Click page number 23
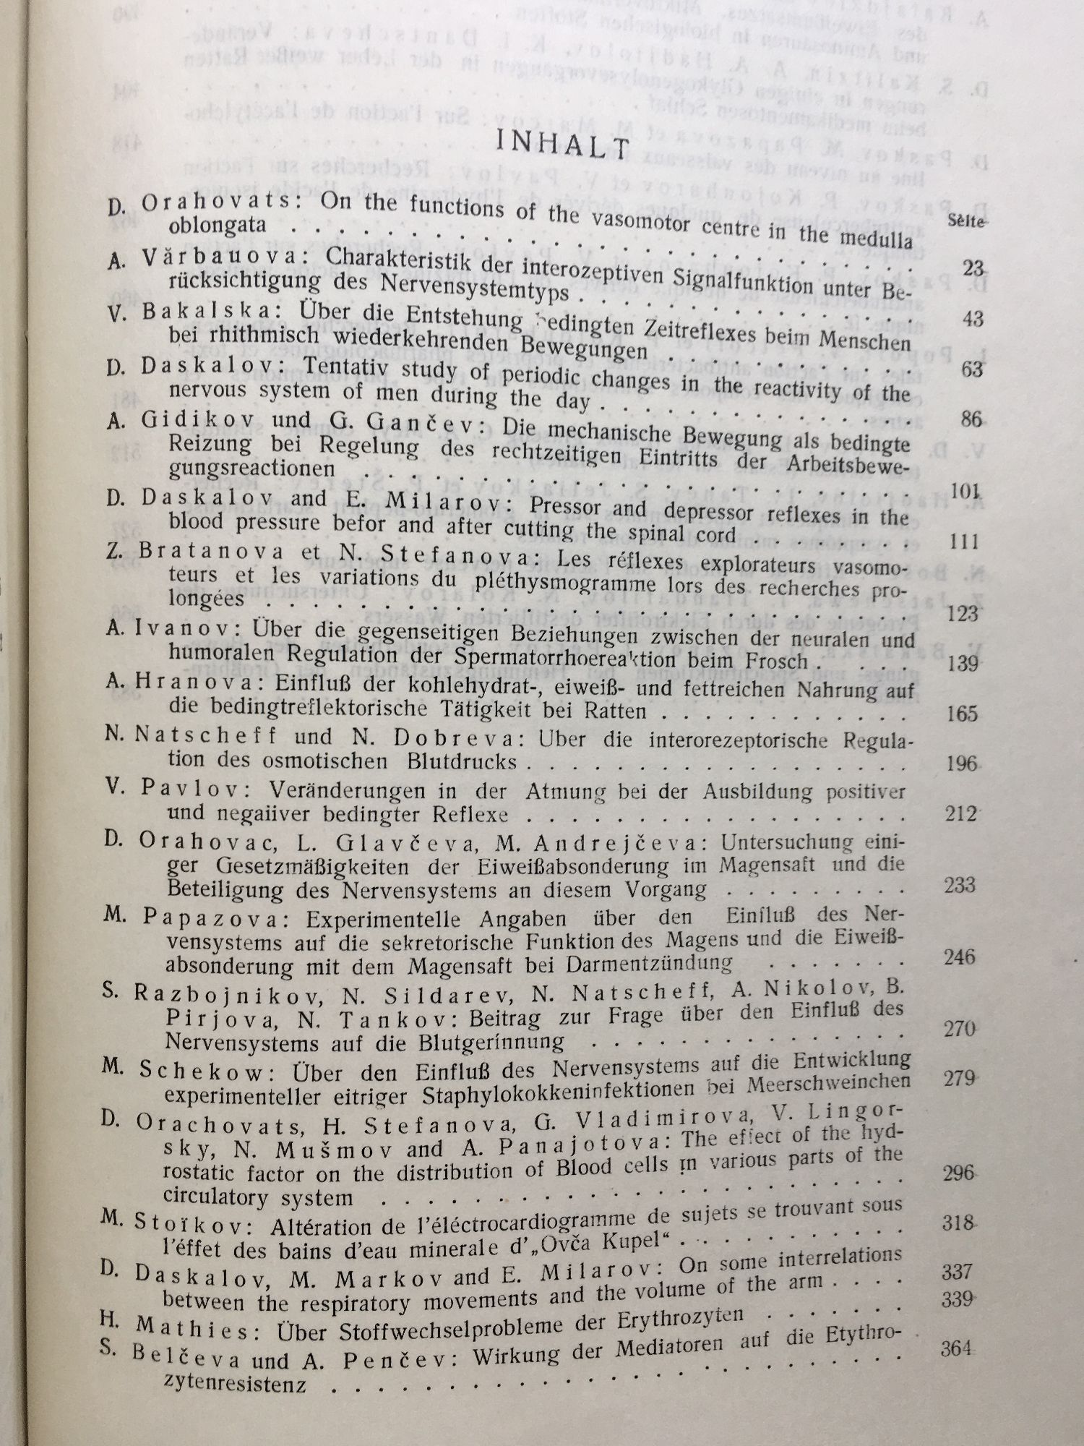pyautogui.click(x=973, y=270)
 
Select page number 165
pyautogui.click(x=961, y=714)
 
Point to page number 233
pyautogui.click(x=960, y=885)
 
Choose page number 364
pyautogui.click(x=957, y=1348)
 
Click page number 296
pyautogui.click(x=958, y=1173)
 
